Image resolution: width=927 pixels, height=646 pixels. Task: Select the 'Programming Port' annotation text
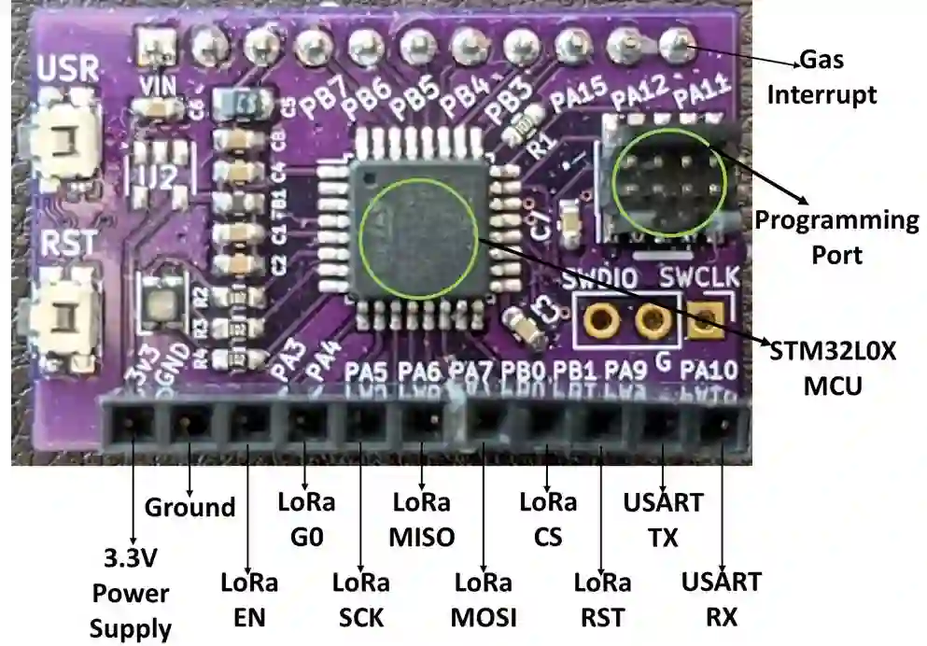[x=836, y=238]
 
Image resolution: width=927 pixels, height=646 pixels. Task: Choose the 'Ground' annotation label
[x=190, y=508]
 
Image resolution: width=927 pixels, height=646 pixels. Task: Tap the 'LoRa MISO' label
[x=423, y=519]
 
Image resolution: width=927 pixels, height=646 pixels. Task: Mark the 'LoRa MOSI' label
[x=485, y=599]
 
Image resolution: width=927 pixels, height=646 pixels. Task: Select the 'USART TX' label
[x=662, y=519]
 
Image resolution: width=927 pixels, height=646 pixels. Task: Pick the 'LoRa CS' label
[x=547, y=519]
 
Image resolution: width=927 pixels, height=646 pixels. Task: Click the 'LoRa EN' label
[x=249, y=599]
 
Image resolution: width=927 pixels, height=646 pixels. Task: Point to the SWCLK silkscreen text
[x=695, y=278]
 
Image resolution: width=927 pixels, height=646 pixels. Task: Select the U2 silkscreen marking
[x=156, y=176]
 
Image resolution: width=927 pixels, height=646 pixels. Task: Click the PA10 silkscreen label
[x=709, y=372]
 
